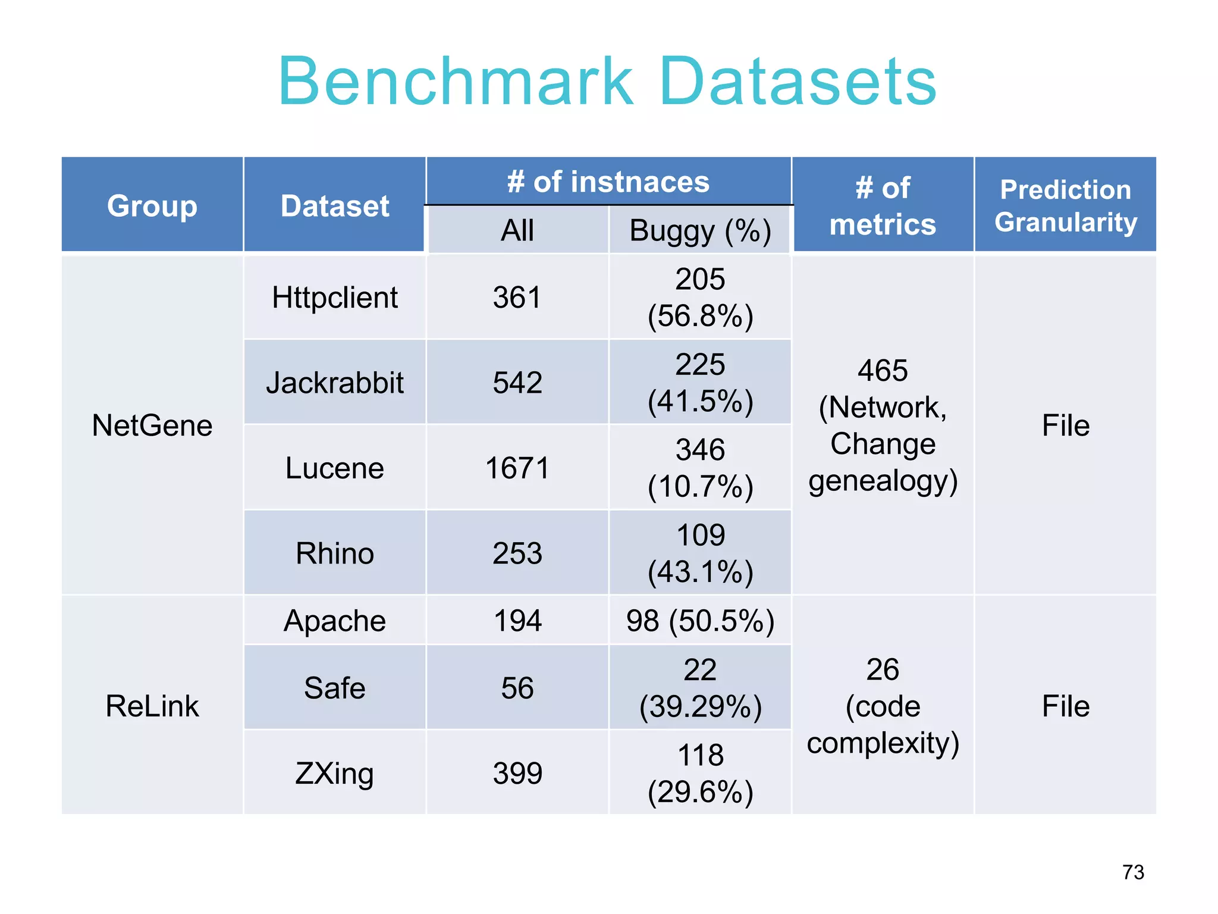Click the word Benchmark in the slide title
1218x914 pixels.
(456, 82)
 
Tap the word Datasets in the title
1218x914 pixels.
(798, 82)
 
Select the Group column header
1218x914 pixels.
(152, 206)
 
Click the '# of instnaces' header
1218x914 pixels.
(608, 181)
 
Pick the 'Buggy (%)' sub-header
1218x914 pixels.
(700, 230)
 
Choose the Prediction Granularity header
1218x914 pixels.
(1065, 206)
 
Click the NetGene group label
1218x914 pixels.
(152, 425)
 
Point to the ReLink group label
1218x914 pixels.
(152, 706)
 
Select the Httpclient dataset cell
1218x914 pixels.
(335, 298)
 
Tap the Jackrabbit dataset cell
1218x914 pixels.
(335, 383)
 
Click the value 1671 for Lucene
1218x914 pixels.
(517, 468)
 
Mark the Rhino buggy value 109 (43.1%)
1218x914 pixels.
(700, 553)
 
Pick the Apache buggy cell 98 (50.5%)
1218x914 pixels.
(700, 621)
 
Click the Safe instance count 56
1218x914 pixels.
(517, 688)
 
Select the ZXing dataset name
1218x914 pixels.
(335, 774)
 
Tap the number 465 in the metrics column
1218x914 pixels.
(883, 371)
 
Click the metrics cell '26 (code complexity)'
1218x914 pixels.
(883, 706)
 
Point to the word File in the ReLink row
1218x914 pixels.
(1065, 706)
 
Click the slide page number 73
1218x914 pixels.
(1133, 872)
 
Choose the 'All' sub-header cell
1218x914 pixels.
(517, 230)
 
